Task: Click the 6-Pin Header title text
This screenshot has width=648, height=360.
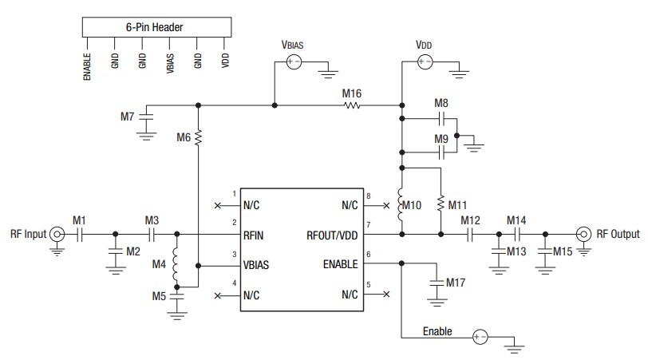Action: pyautogui.click(x=155, y=27)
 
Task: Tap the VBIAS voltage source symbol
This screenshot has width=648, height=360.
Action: pyautogui.click(x=294, y=61)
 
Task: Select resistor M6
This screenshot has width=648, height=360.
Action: pyautogui.click(x=198, y=138)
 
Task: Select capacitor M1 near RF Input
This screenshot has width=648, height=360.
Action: pyautogui.click(x=80, y=235)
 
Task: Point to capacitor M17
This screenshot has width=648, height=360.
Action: pyautogui.click(x=436, y=283)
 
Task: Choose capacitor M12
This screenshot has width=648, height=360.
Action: pyautogui.click(x=471, y=235)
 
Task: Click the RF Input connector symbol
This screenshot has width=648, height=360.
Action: pyautogui.click(x=57, y=235)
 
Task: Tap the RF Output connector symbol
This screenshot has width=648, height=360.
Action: pyautogui.click(x=583, y=235)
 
